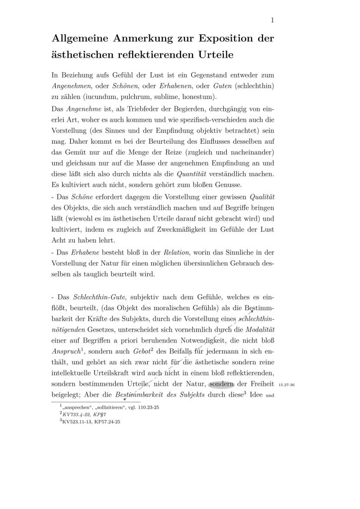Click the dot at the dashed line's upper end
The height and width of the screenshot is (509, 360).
(x=252, y=311)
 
